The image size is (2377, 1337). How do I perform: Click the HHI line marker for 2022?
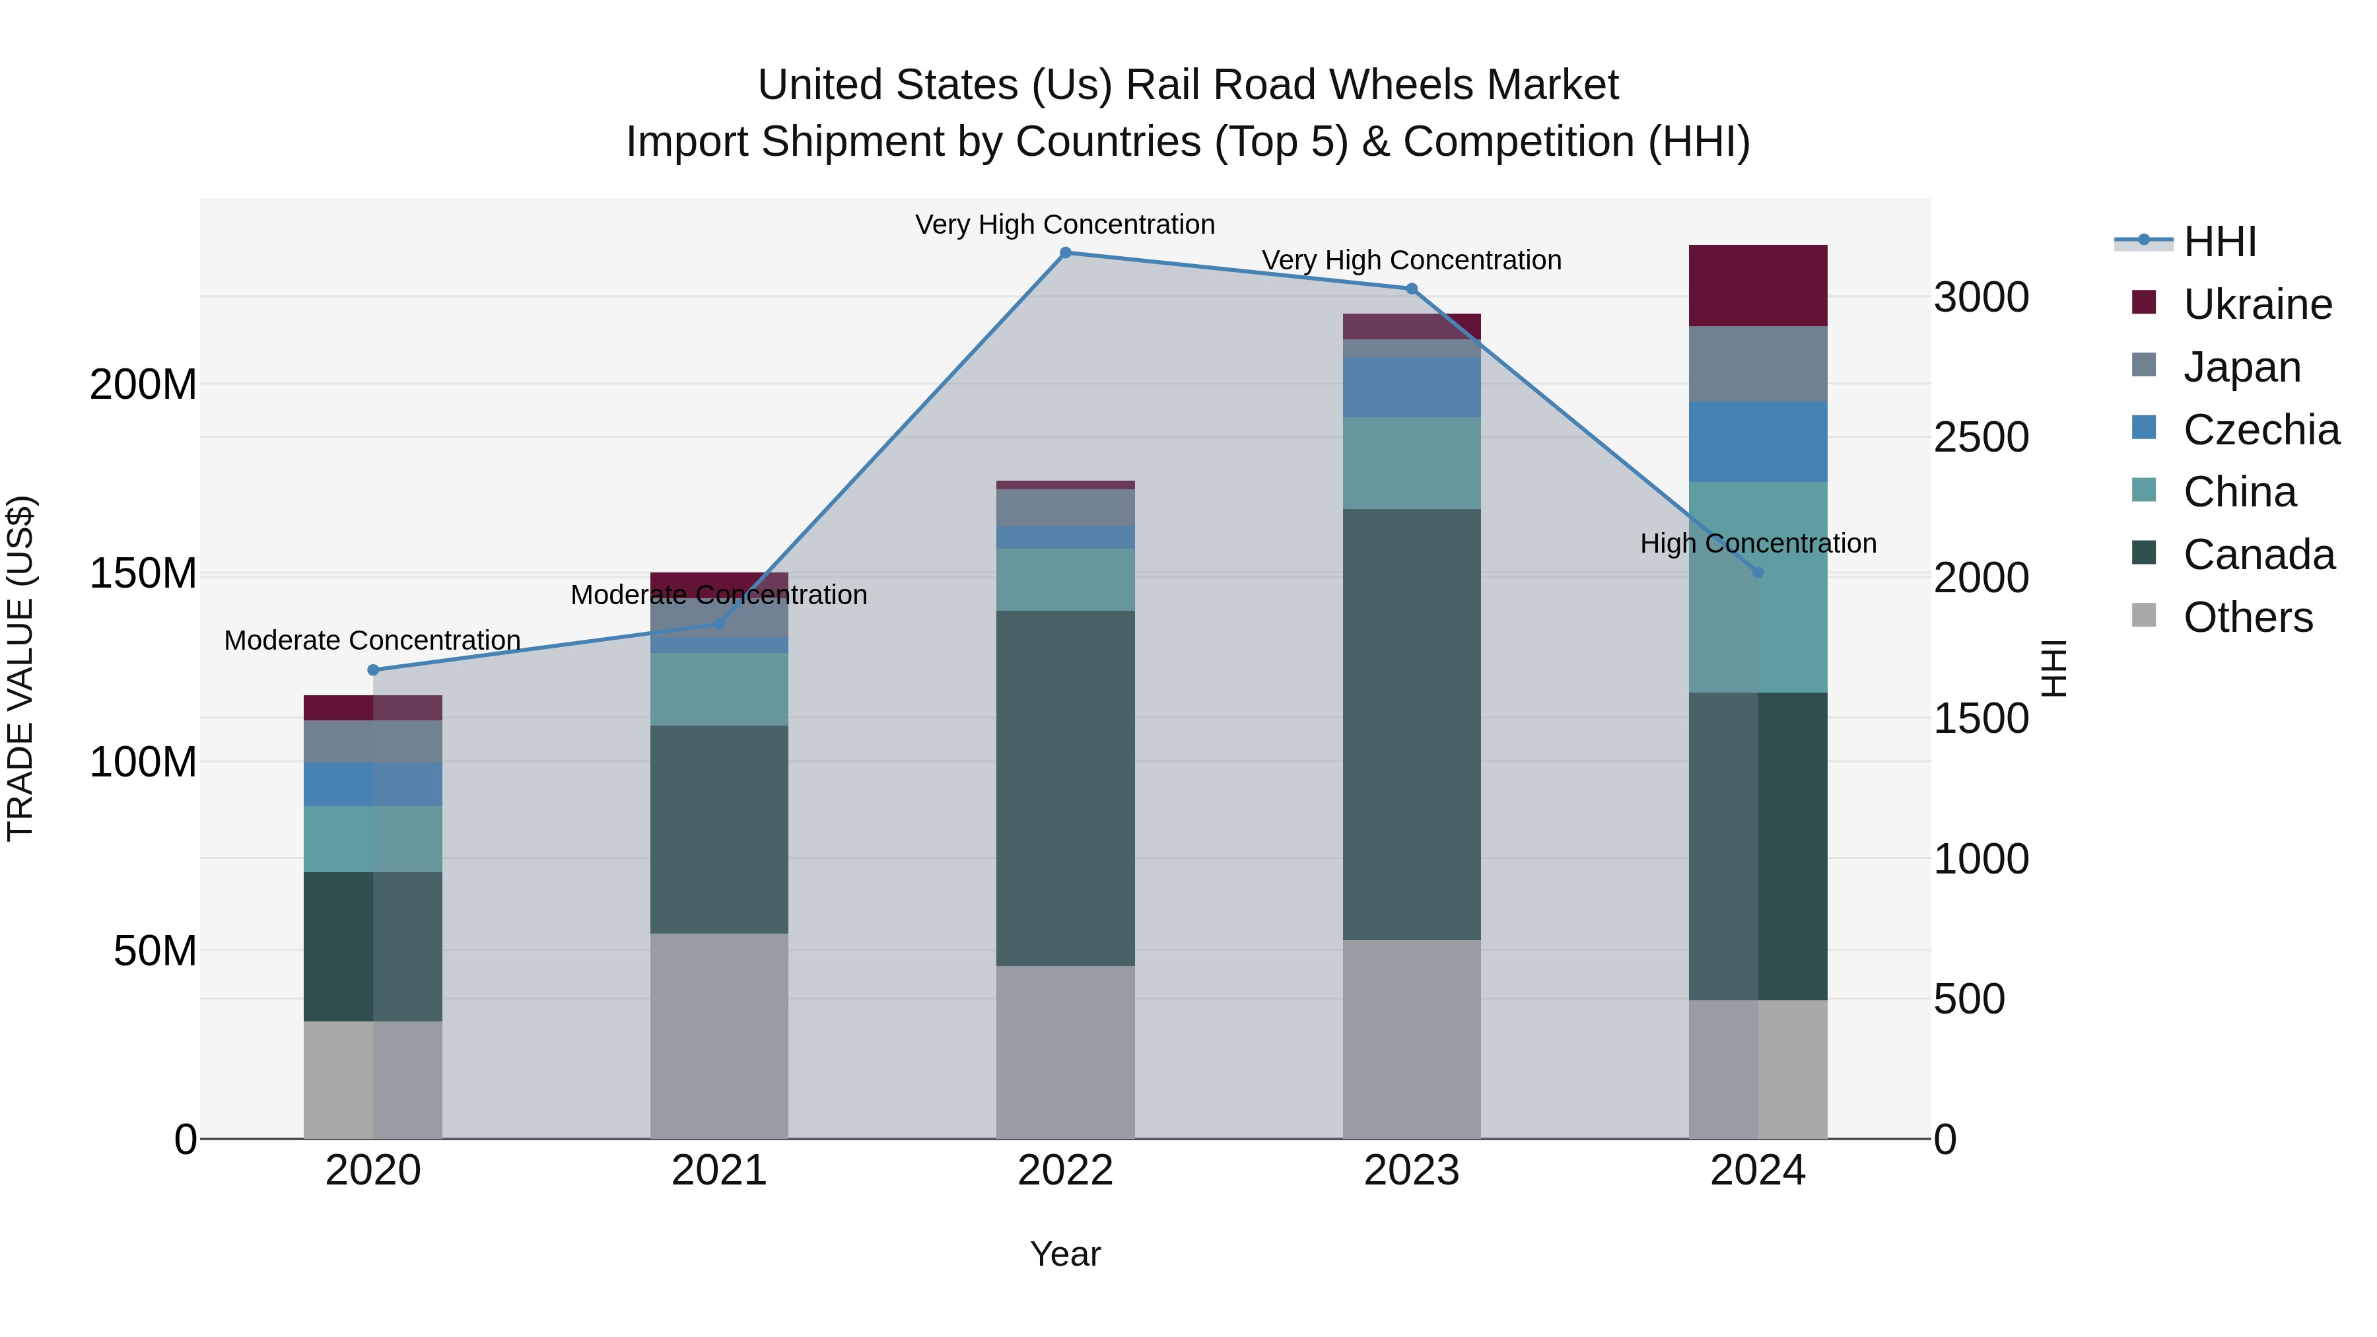[1065, 253]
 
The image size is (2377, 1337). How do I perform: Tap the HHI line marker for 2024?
[1757, 572]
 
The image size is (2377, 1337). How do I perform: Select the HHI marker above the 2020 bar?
[373, 670]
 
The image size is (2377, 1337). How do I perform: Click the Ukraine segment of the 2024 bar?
[1757, 285]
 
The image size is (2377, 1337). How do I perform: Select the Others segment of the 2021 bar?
[719, 1035]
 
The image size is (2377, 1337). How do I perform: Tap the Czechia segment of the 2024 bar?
[1757, 441]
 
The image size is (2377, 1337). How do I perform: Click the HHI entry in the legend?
[2219, 242]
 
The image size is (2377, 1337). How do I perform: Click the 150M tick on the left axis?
[143, 574]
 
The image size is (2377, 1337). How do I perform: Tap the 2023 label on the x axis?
[1411, 1171]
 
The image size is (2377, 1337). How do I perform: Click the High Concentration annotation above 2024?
[1757, 543]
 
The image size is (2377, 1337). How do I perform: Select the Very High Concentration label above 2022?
[1065, 224]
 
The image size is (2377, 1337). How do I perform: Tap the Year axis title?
[1065, 1254]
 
